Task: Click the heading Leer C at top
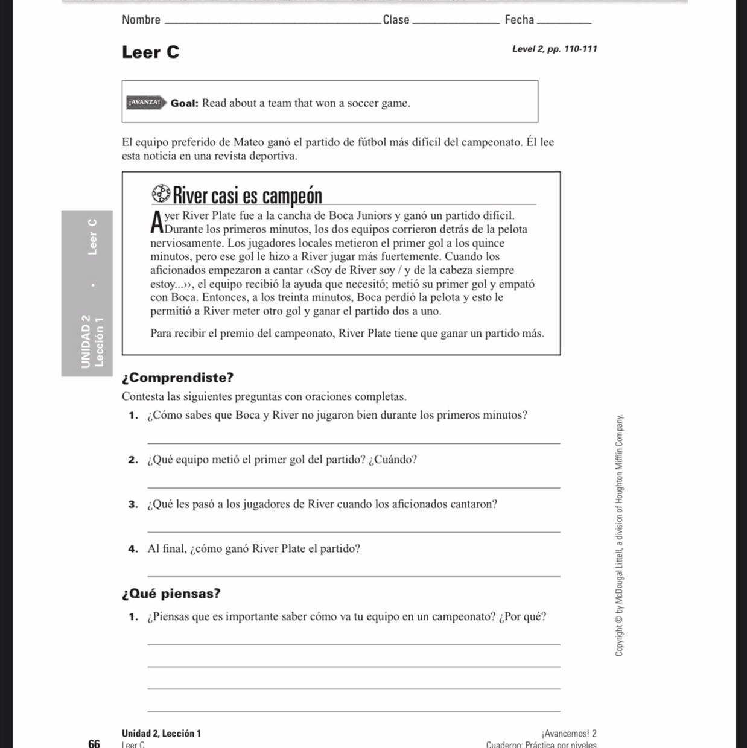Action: click(x=150, y=52)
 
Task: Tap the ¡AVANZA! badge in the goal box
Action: click(x=144, y=103)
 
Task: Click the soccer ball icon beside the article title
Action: click(x=161, y=194)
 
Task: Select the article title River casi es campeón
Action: click(x=247, y=195)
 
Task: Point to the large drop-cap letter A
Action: click(x=157, y=221)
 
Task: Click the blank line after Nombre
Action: click(x=272, y=23)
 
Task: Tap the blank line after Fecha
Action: click(x=564, y=23)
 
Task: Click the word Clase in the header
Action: click(x=396, y=20)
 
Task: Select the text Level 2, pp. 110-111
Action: click(x=555, y=49)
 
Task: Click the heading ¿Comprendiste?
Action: click(x=177, y=378)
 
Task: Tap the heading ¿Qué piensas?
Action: click(x=171, y=594)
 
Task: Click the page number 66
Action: click(x=94, y=743)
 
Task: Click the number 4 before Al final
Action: click(x=132, y=549)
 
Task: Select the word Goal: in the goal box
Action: click(x=184, y=103)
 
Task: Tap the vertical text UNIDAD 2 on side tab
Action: click(x=86, y=341)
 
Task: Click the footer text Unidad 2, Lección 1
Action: click(x=161, y=734)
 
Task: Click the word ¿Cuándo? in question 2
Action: click(x=393, y=460)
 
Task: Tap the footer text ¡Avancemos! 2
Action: click(x=569, y=734)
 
